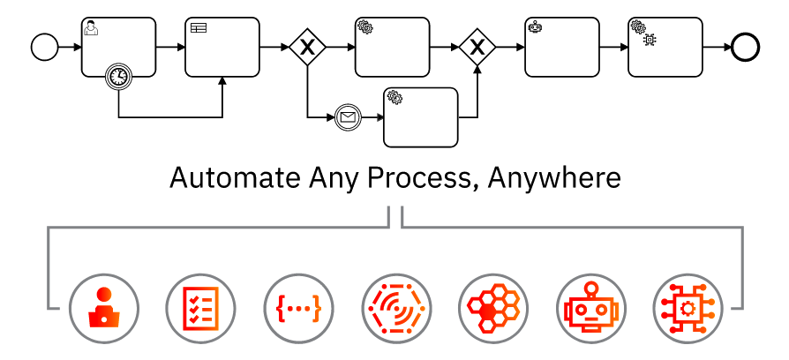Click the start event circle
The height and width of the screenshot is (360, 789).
point(44,47)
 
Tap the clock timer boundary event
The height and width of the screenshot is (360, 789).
point(118,77)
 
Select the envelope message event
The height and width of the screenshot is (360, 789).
point(348,116)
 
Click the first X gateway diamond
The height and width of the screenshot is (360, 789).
point(306,47)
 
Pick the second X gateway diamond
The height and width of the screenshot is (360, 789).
point(477,47)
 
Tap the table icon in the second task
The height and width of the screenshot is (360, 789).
point(198,28)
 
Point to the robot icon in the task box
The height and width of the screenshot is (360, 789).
point(535,27)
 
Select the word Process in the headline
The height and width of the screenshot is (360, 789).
point(421,178)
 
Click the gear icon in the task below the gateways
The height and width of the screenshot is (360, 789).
point(394,97)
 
